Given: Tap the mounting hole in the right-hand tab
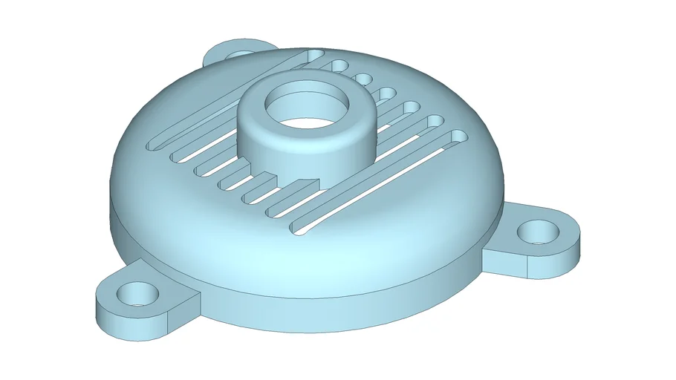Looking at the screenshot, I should coord(539,232).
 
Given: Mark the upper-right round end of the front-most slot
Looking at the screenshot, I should coord(459,137).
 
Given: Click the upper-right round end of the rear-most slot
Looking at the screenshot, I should coord(315,55).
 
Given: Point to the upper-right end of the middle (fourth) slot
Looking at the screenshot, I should coord(387,94).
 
